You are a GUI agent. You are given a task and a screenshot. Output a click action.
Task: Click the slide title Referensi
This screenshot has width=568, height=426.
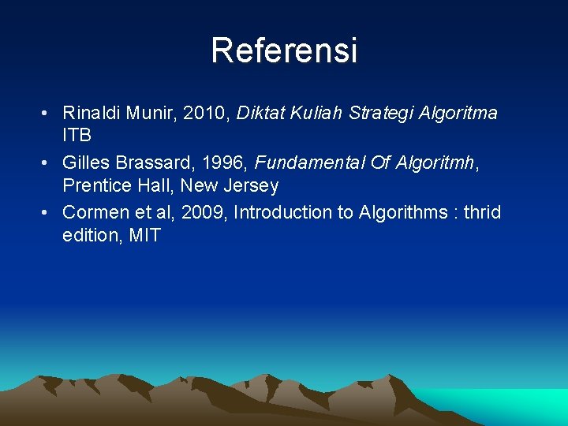point(284,50)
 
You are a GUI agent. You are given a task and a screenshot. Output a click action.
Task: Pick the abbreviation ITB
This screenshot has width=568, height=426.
point(77,135)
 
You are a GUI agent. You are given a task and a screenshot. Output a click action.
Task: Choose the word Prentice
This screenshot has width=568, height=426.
point(96,186)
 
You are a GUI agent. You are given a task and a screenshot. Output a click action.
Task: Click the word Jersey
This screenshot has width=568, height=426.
point(250,186)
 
